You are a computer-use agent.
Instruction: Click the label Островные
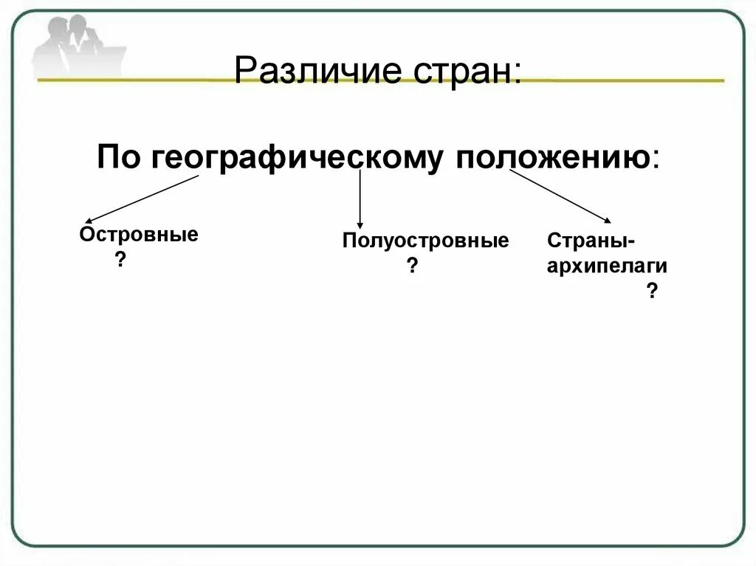coord(139,235)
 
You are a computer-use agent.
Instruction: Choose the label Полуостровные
coord(425,241)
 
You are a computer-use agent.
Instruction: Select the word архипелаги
coord(607,266)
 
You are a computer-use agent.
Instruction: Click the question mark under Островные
coord(119,260)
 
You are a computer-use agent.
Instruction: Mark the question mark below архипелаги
coord(651,291)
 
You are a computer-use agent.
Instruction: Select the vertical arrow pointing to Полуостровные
coord(360,198)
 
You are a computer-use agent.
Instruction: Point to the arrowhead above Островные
coord(88,220)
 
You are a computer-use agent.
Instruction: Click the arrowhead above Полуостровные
coord(360,224)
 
